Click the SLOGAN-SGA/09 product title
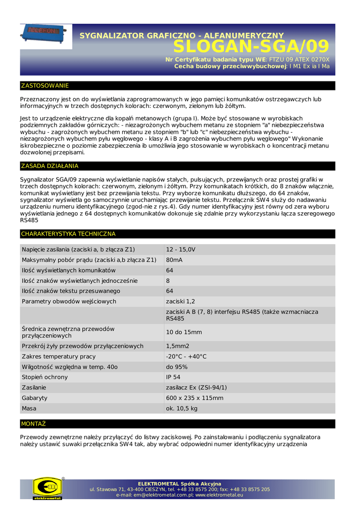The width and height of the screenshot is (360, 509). pos(251,46)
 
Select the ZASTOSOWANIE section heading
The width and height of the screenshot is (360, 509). pos(45,85)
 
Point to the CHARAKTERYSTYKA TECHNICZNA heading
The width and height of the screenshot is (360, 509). pos(68,234)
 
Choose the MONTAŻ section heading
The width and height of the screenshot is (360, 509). pos(33,424)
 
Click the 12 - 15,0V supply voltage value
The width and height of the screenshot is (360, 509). pos(180,250)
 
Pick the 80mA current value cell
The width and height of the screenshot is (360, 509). pos(174,260)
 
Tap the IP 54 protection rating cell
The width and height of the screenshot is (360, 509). pos(173,377)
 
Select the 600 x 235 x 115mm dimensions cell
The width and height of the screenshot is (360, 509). pos(194,398)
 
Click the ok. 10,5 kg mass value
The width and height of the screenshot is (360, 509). pos(181,409)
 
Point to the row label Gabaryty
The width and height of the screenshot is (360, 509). pos(35,398)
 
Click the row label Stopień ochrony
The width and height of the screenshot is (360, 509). pos(45,377)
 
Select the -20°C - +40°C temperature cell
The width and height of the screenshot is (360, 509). pos(186,356)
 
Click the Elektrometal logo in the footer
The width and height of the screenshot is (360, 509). pos(47,488)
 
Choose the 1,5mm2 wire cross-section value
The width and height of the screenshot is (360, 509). pos(178,346)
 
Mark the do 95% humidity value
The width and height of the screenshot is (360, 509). pos(177,367)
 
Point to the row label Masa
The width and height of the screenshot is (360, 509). pos(29,409)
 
